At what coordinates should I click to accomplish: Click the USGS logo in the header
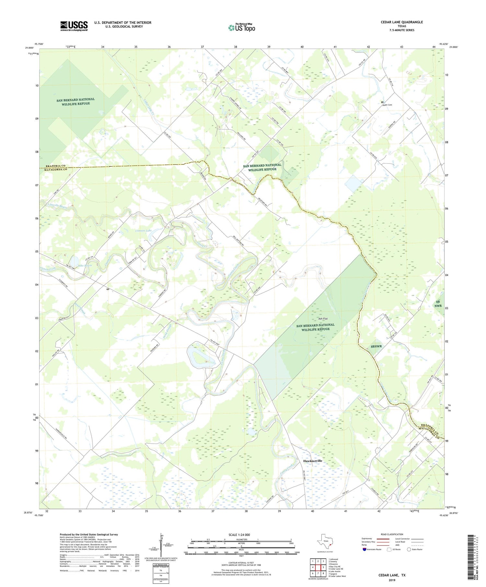pyautogui.click(x=74, y=26)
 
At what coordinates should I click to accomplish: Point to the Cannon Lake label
pyautogui.click(x=143, y=231)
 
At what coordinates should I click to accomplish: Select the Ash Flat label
pyautogui.click(x=323, y=319)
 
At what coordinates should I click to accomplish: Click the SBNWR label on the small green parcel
pyautogui.click(x=376, y=346)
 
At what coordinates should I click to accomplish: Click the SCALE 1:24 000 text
pyautogui.click(x=239, y=535)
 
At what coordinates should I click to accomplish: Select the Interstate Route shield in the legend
pyautogui.click(x=364, y=549)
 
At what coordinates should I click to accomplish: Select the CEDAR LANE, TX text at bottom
pyautogui.click(x=392, y=575)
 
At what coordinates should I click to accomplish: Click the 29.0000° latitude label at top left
pyautogui.click(x=29, y=48)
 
